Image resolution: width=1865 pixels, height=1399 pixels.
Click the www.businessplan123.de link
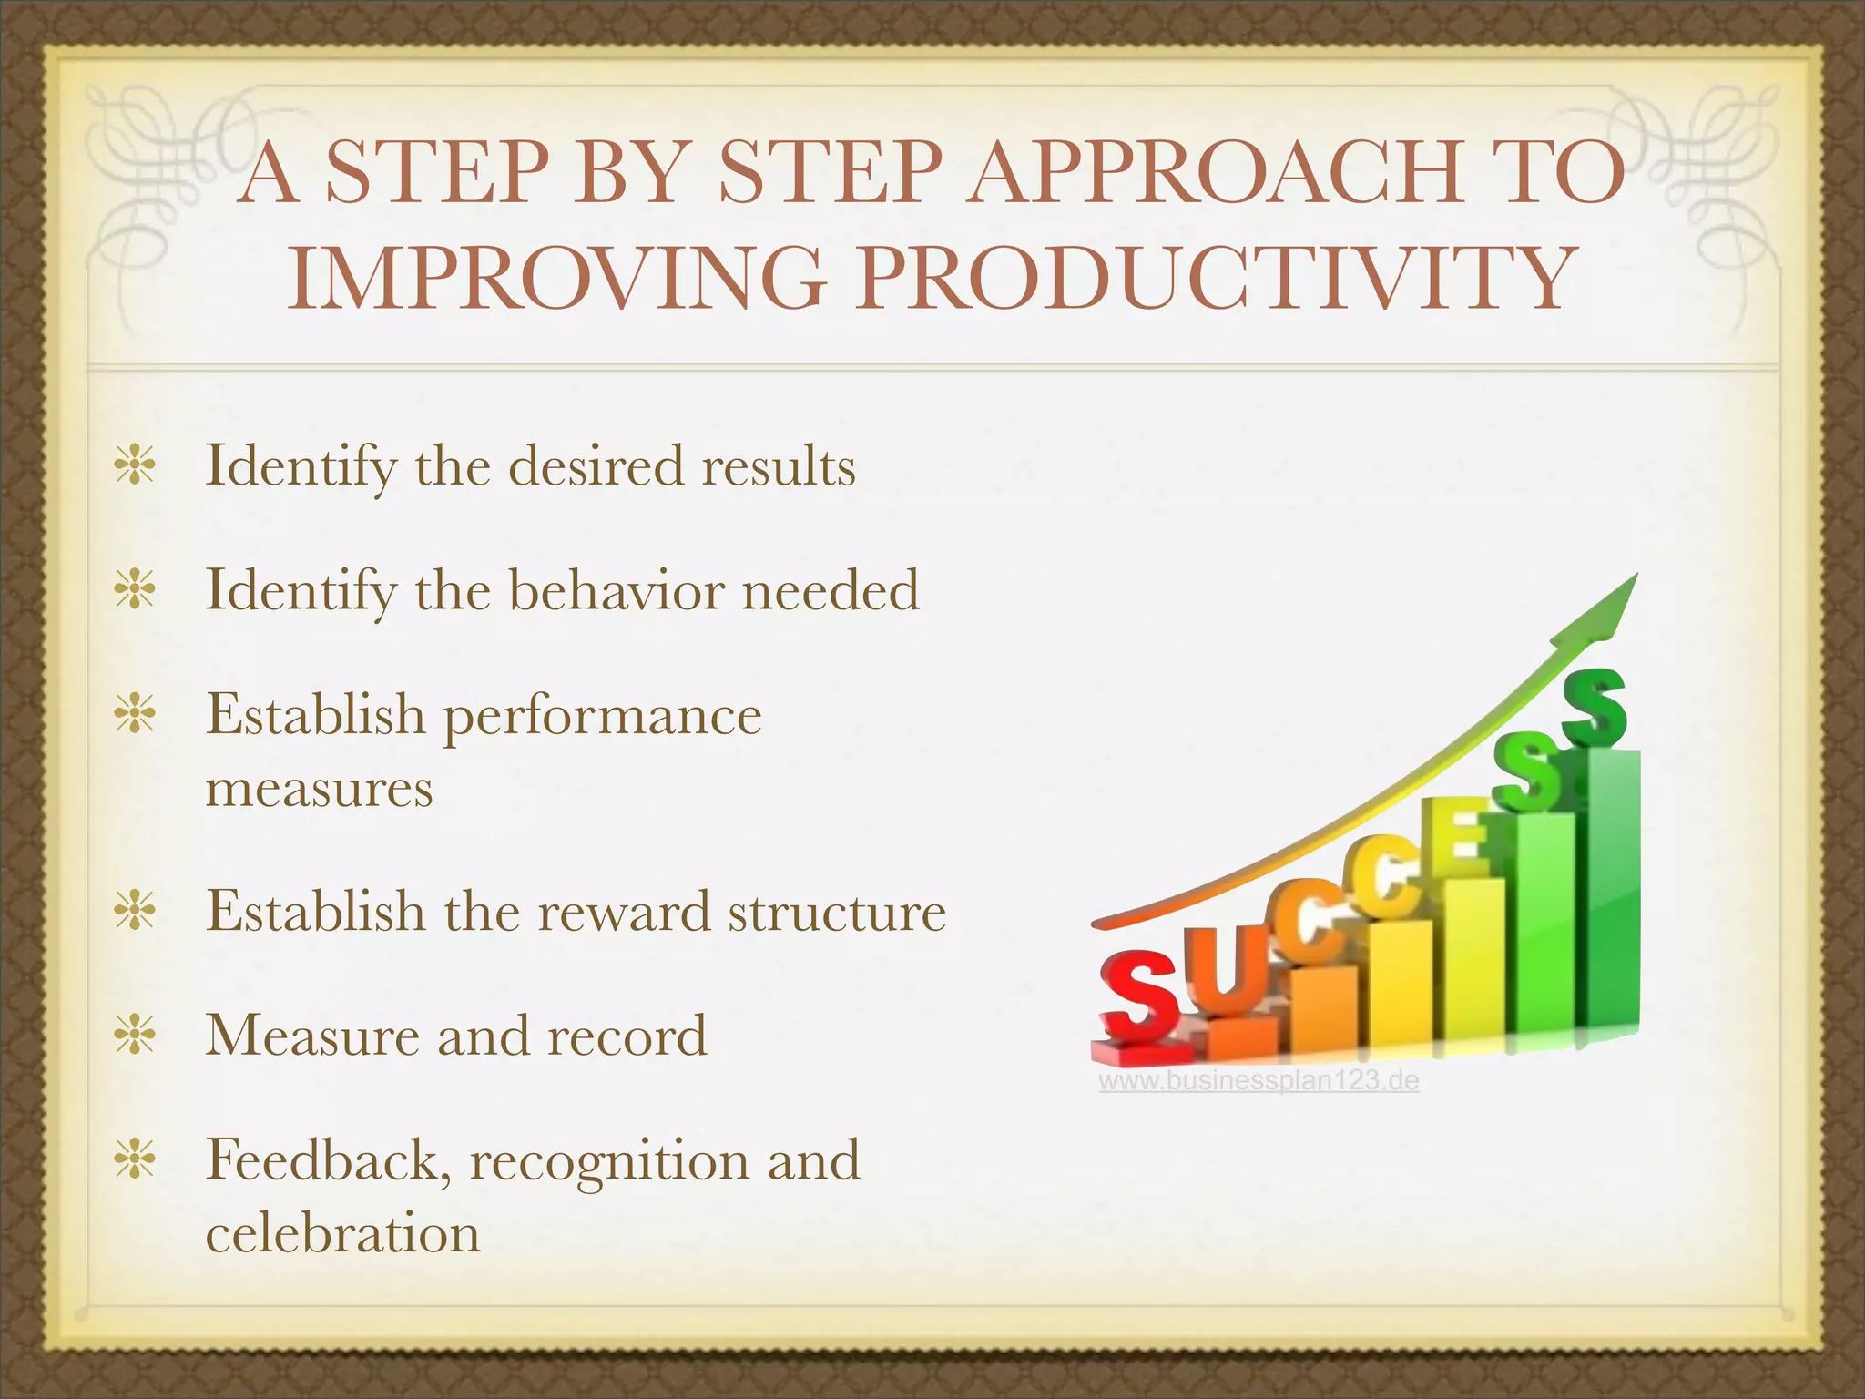(1259, 1081)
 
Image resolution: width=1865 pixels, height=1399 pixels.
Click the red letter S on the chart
(1137, 997)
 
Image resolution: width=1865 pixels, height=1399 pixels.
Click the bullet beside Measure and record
(135, 1036)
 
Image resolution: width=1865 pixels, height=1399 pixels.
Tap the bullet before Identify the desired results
(135, 466)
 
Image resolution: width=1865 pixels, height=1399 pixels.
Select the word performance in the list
(602, 716)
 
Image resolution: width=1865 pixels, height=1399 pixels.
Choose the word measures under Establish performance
(319, 789)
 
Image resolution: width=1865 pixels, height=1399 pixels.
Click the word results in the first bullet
(779, 466)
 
